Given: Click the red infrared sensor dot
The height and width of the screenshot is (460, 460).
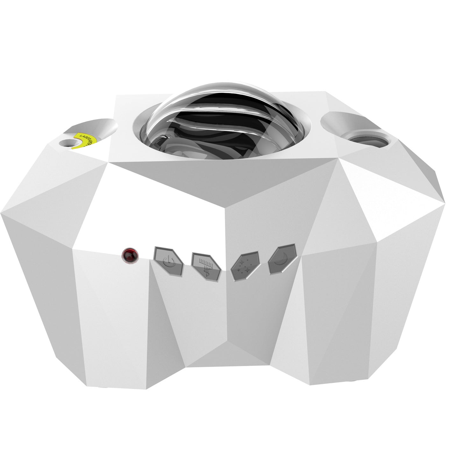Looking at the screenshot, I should (x=131, y=256).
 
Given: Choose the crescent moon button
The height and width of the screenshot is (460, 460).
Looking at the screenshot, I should (x=282, y=259).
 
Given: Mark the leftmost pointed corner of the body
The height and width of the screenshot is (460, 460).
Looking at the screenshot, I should (x=1, y=214).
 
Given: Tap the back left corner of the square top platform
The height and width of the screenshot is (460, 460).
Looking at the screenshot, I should (x=115, y=95).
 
